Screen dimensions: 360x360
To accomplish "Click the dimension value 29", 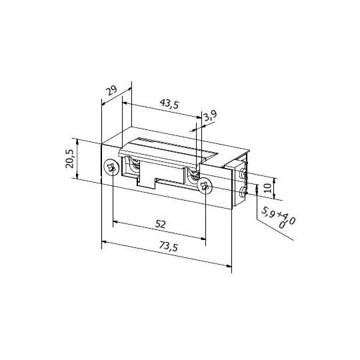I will [111, 90].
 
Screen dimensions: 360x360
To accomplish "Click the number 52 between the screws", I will [159, 224].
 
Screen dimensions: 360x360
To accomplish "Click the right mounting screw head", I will [205, 184].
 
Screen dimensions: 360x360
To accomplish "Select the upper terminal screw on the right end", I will [243, 175].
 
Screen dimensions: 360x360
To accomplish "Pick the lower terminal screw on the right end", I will [243, 194].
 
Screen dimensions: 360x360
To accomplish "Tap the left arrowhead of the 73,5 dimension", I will [103, 243].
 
